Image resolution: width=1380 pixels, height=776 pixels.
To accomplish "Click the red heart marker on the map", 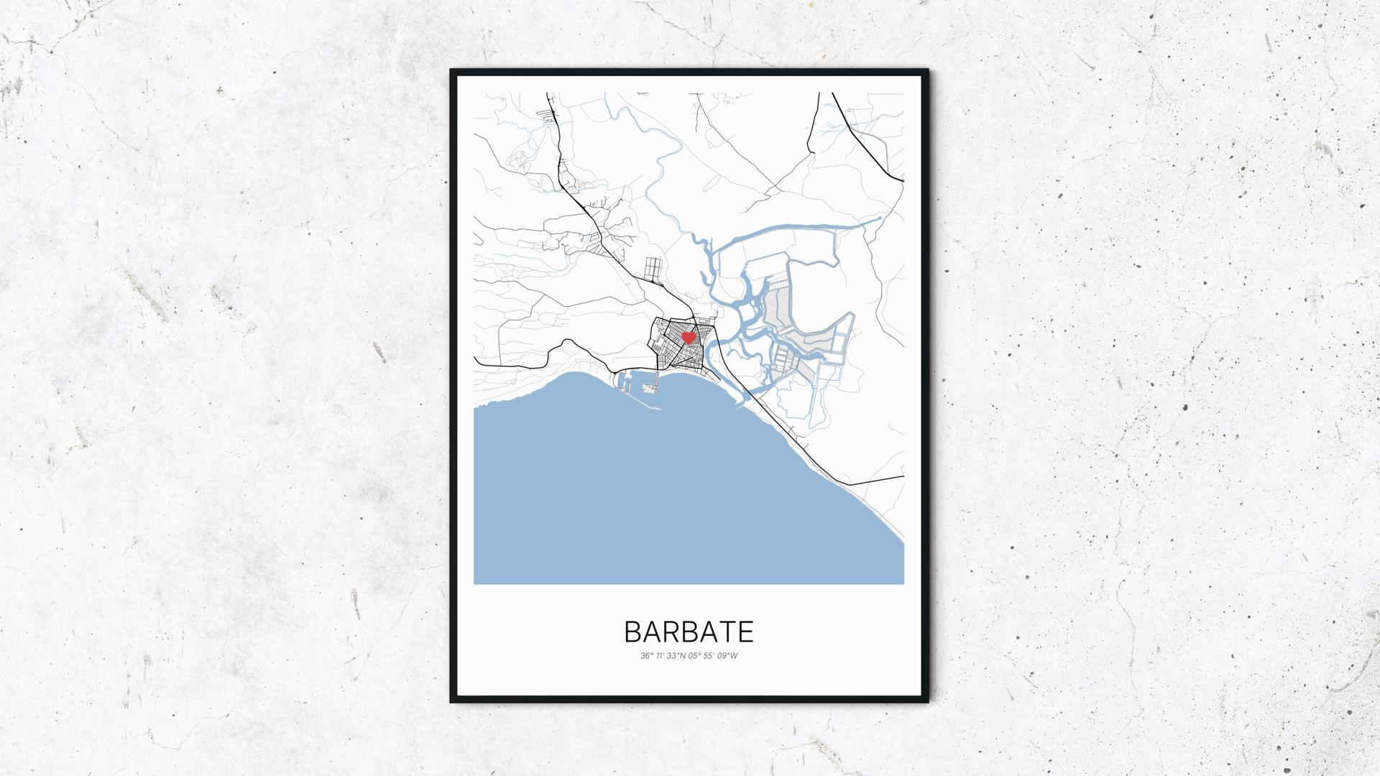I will pos(688,336).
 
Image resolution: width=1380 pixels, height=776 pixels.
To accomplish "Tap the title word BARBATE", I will pos(689,632).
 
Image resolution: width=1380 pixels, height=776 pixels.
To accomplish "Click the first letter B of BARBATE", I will pos(633,632).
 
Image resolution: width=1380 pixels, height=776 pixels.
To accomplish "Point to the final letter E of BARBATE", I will pos(746,632).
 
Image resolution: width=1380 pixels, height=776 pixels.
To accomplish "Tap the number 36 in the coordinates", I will pos(645,655).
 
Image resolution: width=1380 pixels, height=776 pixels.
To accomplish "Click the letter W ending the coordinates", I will pos(734,655).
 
